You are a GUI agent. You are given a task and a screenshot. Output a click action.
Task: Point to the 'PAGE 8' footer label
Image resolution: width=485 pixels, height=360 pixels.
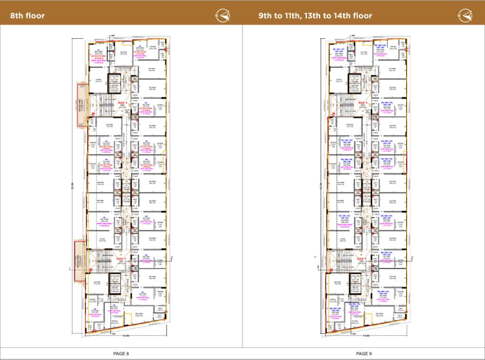click(x=121, y=353)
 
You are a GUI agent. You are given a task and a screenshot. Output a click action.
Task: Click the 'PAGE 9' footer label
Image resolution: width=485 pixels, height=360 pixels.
click(x=364, y=353)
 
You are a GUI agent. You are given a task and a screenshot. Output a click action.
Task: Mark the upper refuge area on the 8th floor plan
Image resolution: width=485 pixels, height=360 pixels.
click(x=79, y=104)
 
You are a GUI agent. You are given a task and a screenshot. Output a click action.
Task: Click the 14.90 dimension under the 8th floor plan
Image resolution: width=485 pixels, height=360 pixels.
click(x=125, y=336)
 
